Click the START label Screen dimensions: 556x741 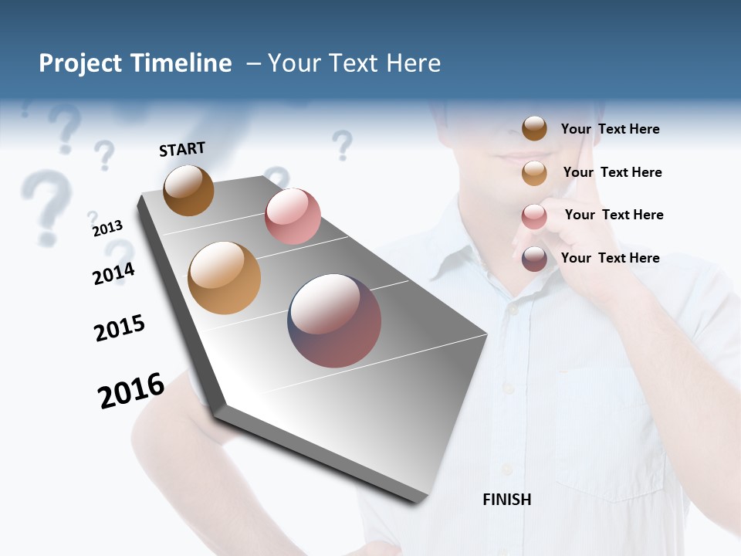tap(182, 149)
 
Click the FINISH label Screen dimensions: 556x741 tap(506, 500)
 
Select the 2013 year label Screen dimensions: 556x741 tap(107, 228)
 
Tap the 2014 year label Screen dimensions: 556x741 tap(114, 273)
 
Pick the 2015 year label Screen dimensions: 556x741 tap(120, 327)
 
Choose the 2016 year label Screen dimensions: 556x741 tap(131, 390)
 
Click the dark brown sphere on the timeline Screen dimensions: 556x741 tap(188, 190)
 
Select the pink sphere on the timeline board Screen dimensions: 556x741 tap(293, 215)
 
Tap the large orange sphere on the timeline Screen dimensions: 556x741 tap(225, 277)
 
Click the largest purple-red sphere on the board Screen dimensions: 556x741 tap(334, 320)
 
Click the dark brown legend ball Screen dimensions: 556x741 tap(534, 128)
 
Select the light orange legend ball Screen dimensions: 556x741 tap(534, 173)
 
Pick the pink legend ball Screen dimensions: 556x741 tap(534, 216)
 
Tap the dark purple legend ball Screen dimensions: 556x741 tap(534, 259)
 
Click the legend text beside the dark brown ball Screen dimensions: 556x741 tap(610, 129)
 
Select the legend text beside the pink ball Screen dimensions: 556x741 tap(614, 215)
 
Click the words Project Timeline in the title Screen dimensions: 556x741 tap(135, 63)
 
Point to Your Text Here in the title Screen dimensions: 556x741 tap(354, 63)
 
